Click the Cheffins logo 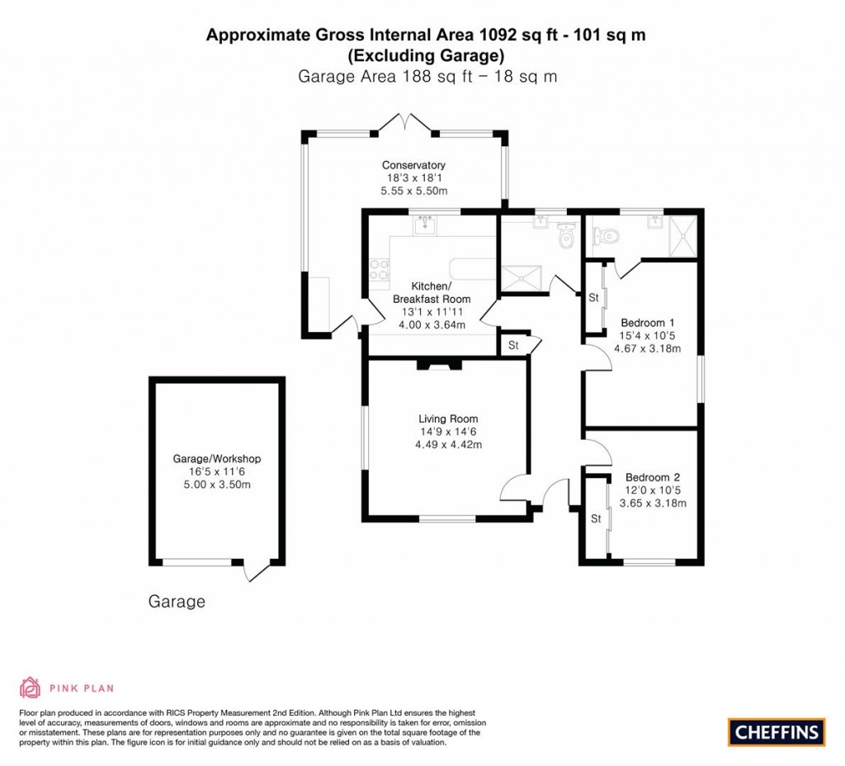[777, 731]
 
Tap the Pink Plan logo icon [30, 687]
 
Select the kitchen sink [427, 224]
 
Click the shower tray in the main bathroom [522, 278]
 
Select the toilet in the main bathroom [566, 236]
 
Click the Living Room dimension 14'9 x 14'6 [448, 432]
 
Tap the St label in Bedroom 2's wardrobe [594, 519]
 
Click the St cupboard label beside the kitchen [513, 345]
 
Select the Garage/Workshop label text [216, 459]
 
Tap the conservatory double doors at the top [405, 125]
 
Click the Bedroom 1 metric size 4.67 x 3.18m [647, 348]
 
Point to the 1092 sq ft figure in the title [507, 35]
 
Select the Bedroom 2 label [652, 477]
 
